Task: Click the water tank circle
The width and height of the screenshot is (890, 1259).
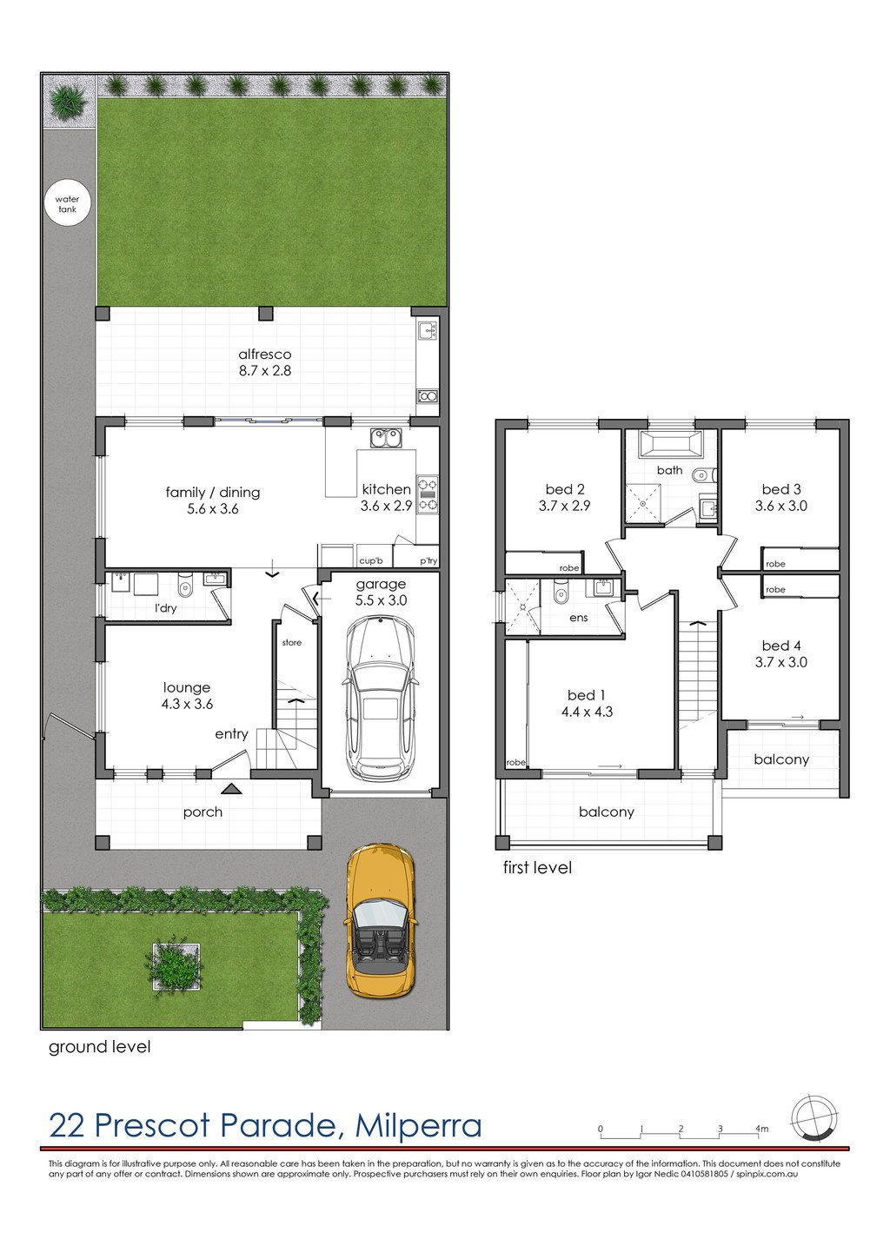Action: [x=67, y=204]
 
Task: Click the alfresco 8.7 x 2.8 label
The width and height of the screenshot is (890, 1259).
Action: [x=265, y=362]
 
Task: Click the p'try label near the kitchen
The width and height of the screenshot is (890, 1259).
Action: [x=428, y=561]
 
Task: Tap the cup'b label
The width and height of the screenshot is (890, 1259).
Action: [x=370, y=561]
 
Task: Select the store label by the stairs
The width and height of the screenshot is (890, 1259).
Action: [x=292, y=642]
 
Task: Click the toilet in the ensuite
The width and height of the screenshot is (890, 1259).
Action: [x=560, y=593]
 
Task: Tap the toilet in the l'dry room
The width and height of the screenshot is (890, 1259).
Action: [x=184, y=586]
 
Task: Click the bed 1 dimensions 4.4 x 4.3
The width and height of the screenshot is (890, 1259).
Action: [x=587, y=712]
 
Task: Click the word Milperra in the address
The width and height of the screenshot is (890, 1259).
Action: [x=418, y=1125]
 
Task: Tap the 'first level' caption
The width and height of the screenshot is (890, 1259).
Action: [x=537, y=867]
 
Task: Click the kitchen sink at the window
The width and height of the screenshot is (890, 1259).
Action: [x=386, y=438]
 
